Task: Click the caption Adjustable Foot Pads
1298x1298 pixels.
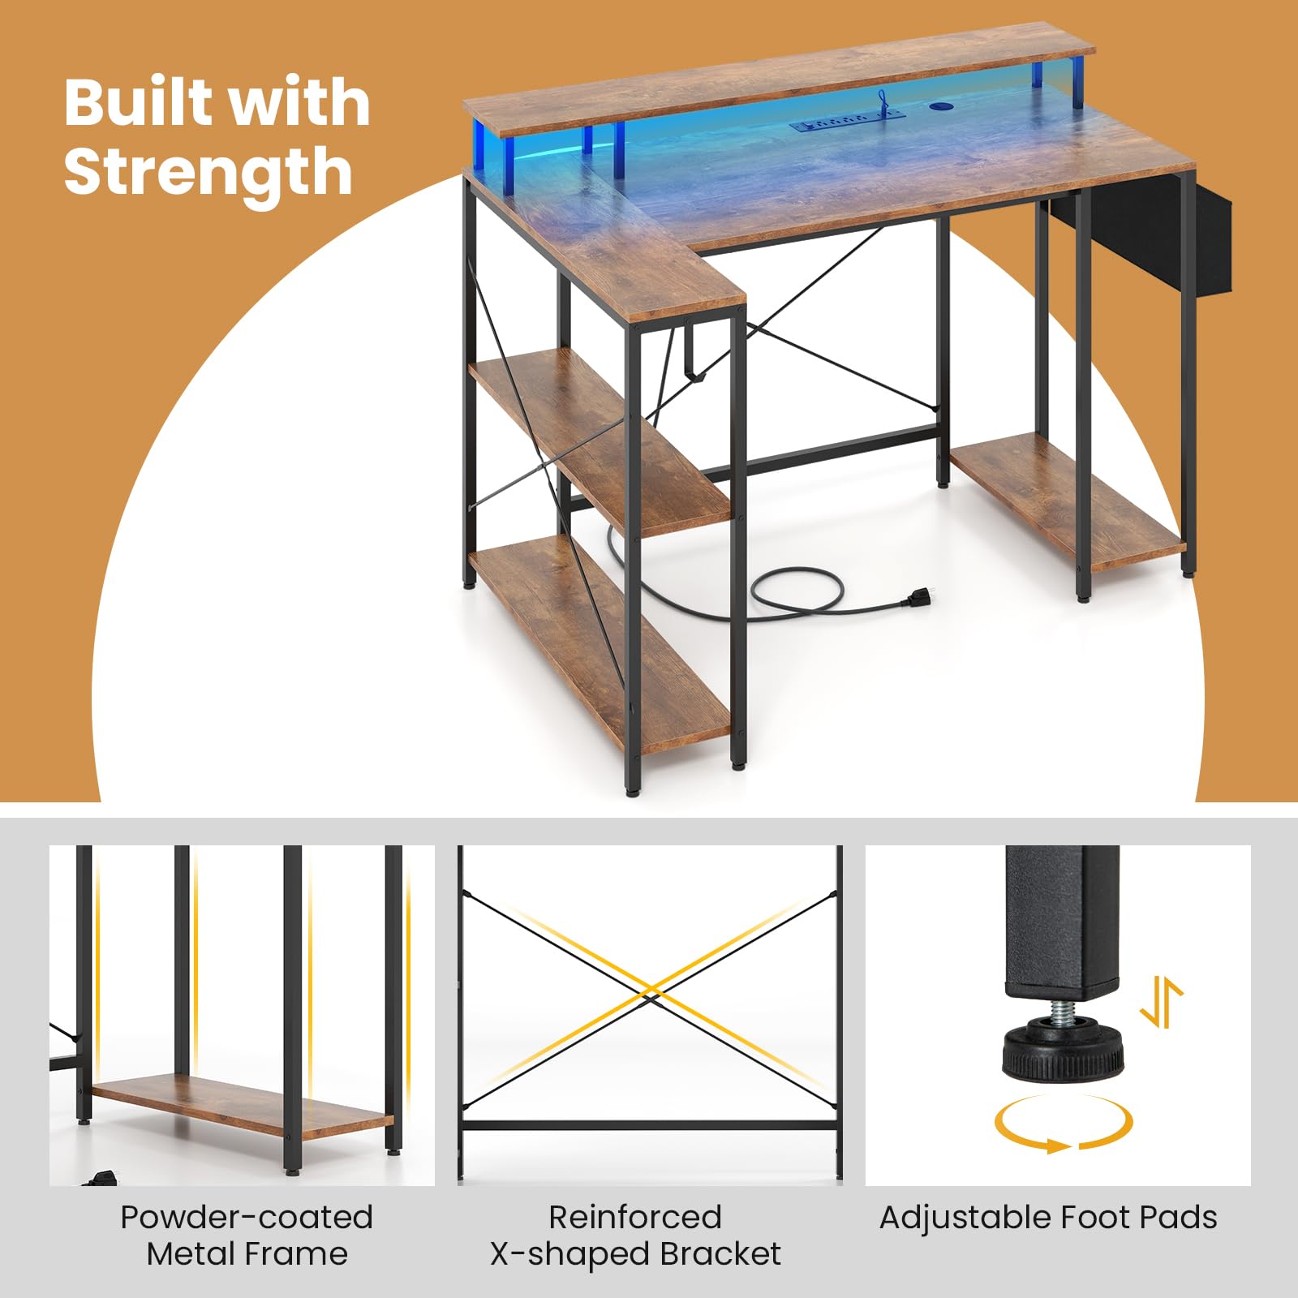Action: (x=1048, y=1218)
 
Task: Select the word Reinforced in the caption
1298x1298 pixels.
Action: (x=634, y=1217)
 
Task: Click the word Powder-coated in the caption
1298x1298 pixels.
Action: (x=247, y=1217)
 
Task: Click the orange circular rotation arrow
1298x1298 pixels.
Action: (x=1064, y=1124)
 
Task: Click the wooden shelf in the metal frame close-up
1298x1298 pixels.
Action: (x=242, y=1106)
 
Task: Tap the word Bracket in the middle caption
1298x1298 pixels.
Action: (x=720, y=1254)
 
